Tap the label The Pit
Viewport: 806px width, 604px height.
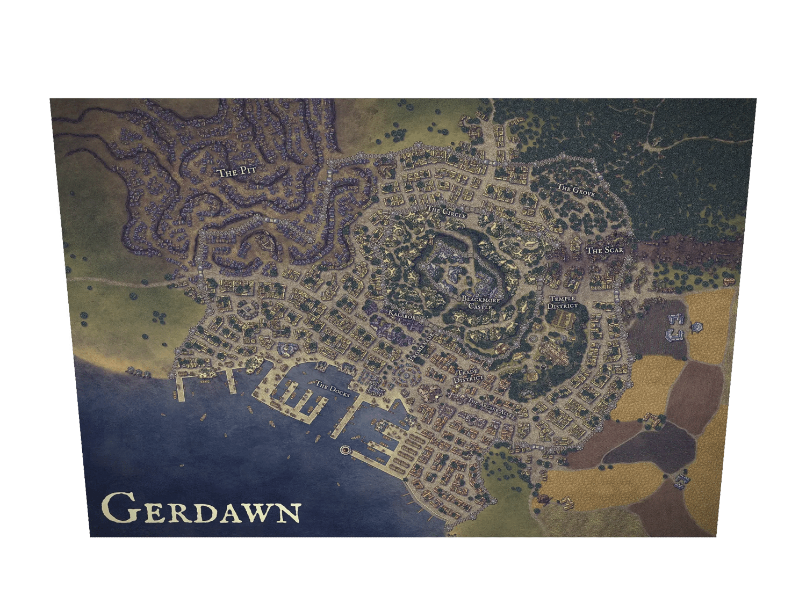click(x=236, y=172)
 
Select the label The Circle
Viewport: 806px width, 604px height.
click(x=446, y=212)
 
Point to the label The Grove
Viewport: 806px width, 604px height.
click(x=575, y=189)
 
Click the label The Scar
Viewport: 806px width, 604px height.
click(x=604, y=250)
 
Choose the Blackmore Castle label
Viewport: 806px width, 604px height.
click(x=480, y=303)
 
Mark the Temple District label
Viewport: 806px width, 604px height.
click(x=563, y=302)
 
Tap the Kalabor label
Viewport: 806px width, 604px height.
click(x=402, y=316)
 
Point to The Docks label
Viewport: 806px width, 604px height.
click(x=332, y=389)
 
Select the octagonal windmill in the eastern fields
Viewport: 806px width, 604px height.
click(x=697, y=326)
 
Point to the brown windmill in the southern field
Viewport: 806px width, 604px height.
click(x=544, y=500)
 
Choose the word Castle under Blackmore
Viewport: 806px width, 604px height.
click(x=480, y=307)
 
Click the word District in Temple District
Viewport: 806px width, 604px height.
click(x=563, y=306)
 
